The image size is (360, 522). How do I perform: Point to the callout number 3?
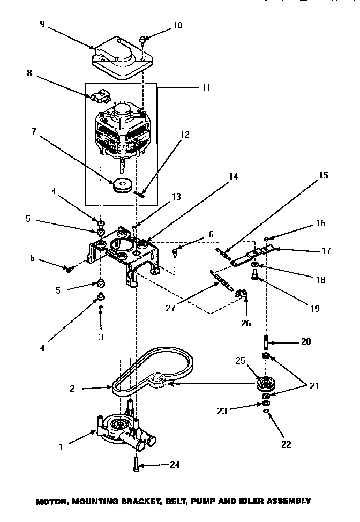click(101, 337)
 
